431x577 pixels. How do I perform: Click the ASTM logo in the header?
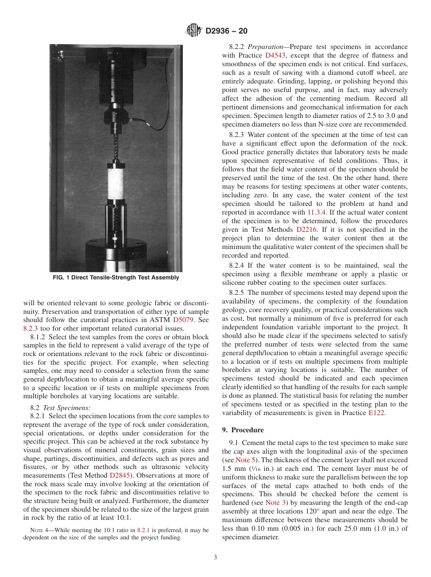coord(194,31)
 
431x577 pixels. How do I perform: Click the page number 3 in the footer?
coord(215,557)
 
